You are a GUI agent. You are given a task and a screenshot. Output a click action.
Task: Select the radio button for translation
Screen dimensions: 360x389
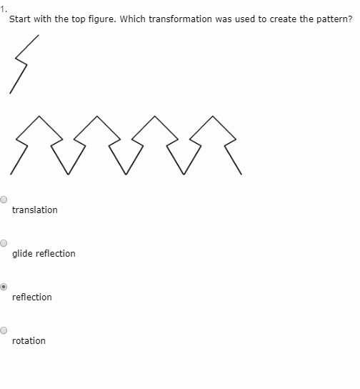[x=4, y=200]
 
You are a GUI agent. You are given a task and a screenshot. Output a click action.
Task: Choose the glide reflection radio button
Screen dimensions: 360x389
[x=4, y=243]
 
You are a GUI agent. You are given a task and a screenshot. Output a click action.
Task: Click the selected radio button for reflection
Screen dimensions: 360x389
[x=4, y=287]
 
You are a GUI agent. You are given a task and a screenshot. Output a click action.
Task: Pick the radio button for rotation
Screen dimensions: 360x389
[x=4, y=330]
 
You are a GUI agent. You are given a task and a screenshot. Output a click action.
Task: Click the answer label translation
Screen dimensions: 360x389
[x=35, y=210]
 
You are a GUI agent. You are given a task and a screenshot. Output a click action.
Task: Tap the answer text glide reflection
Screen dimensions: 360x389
[x=44, y=254]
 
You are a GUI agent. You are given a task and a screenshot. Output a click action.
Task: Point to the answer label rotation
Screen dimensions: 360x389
[x=29, y=341]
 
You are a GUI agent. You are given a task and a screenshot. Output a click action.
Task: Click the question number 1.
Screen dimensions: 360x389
[x=4, y=10]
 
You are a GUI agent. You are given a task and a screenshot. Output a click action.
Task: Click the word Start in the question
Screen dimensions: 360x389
[x=20, y=19]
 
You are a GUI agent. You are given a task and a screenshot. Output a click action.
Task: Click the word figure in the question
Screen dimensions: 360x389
[x=102, y=19]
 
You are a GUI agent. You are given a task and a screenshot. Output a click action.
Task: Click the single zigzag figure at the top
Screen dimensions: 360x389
[x=21, y=61]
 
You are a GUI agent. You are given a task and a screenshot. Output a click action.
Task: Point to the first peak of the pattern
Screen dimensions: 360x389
[x=39, y=116]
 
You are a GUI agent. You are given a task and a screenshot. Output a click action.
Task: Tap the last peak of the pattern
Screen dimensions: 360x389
[x=213, y=116]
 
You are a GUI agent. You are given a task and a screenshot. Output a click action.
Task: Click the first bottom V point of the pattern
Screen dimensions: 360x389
[x=68, y=174]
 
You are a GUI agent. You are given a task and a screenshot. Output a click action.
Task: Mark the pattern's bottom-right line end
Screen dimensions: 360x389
[x=241, y=174]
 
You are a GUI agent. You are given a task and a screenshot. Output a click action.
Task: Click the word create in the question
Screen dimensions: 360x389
[x=283, y=19]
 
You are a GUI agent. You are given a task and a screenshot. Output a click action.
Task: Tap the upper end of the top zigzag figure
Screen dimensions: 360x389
[x=39, y=35]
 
